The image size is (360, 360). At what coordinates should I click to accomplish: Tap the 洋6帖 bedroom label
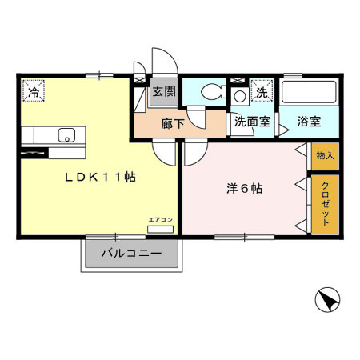pyautogui.click(x=243, y=190)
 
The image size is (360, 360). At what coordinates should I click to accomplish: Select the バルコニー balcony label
pyautogui.click(x=131, y=255)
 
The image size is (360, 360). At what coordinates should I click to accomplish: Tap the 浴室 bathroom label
pyautogui.click(x=309, y=122)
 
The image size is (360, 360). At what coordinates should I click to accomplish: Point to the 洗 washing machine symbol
pyautogui.click(x=261, y=93)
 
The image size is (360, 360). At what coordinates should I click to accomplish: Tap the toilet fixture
pyautogui.click(x=211, y=92)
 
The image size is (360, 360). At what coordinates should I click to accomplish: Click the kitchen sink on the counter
pyautogui.click(x=65, y=134)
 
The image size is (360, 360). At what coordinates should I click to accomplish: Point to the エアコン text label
pyautogui.click(x=160, y=219)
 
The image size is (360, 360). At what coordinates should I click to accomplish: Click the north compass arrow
pyautogui.click(x=327, y=302)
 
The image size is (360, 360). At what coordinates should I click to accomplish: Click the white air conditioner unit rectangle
pyautogui.click(x=160, y=229)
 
